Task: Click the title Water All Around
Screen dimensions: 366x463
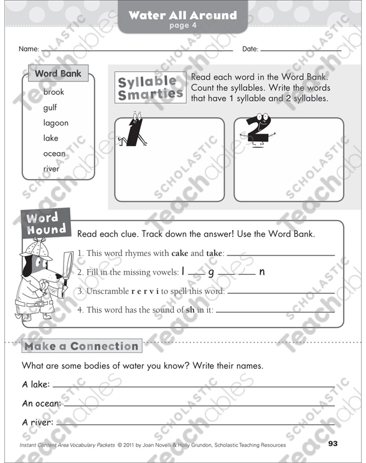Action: tap(182, 14)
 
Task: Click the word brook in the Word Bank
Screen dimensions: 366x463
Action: tap(54, 92)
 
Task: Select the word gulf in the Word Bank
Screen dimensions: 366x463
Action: tap(50, 108)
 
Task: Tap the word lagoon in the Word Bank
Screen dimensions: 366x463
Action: tap(56, 123)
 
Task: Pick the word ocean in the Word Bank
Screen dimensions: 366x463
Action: tap(54, 154)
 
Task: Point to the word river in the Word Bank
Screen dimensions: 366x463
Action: tap(52, 169)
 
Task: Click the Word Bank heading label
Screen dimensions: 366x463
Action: tap(58, 73)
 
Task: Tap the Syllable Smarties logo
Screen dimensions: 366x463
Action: tap(150, 88)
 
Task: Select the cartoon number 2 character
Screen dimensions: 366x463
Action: tap(255, 131)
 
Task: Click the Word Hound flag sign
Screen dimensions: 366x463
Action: tap(45, 224)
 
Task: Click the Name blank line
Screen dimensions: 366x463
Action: tap(137, 49)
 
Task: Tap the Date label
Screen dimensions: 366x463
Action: tap(250, 49)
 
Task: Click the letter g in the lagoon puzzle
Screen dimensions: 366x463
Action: tap(212, 272)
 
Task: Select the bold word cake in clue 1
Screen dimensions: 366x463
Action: tap(180, 254)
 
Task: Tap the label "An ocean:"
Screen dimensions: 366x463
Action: tap(42, 404)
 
